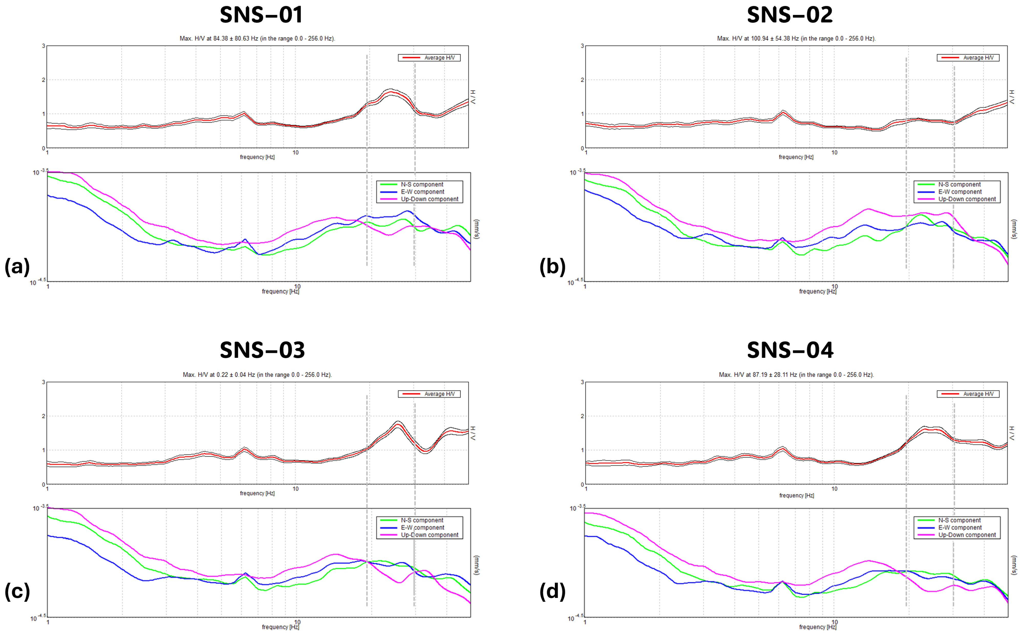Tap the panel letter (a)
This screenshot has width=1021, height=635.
17,267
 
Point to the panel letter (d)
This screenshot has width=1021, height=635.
552,591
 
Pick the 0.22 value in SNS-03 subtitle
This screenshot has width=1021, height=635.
222,375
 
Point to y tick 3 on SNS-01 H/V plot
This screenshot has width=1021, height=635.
43,46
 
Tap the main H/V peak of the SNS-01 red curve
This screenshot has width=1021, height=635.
391,92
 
